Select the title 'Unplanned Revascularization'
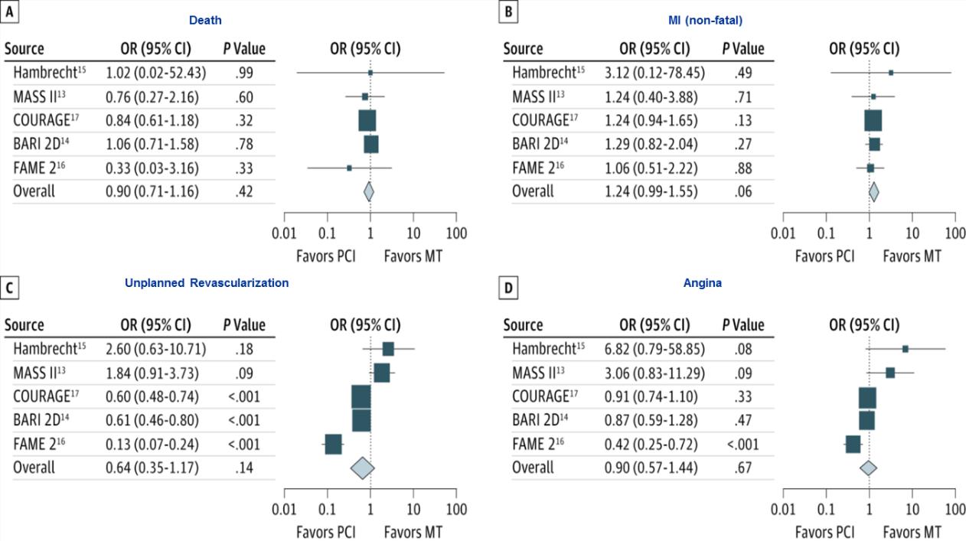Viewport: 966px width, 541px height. pyautogui.click(x=207, y=282)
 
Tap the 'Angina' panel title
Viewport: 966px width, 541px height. pyautogui.click(x=702, y=282)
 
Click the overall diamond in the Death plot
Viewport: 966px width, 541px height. pyautogui.click(x=369, y=191)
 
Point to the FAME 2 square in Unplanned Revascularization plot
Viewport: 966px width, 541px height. pyautogui.click(x=333, y=444)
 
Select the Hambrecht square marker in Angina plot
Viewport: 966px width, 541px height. pyautogui.click(x=906, y=349)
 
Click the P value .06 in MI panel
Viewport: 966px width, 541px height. pyautogui.click(x=742, y=191)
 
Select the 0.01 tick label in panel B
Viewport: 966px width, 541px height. pyautogui.click(x=783, y=233)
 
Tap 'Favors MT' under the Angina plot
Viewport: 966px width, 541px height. pyautogui.click(x=912, y=531)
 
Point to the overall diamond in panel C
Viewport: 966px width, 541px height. pyautogui.click(x=361, y=467)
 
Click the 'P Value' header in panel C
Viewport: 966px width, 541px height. pyautogui.click(x=244, y=324)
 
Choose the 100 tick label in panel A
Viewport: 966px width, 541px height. pyautogui.click(x=456, y=233)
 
